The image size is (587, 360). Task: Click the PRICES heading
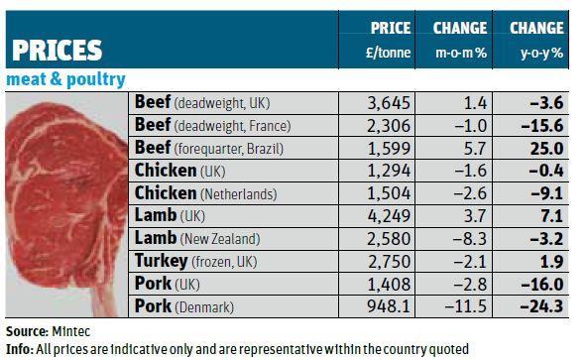point(57,51)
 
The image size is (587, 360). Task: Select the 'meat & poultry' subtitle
point(66,79)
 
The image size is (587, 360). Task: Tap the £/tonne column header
point(390,53)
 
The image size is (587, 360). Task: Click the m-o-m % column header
point(460,53)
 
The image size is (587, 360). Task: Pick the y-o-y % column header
point(537,53)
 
